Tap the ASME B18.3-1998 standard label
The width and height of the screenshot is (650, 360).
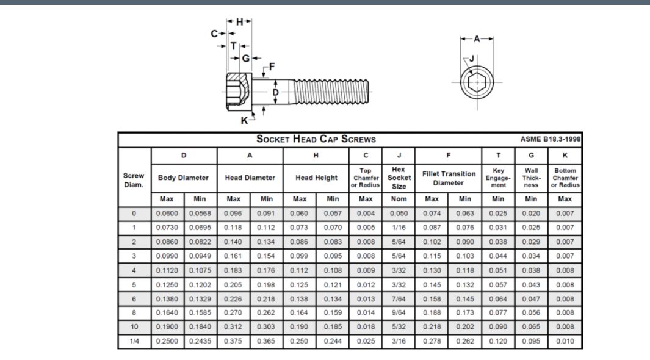pyautogui.click(x=550, y=139)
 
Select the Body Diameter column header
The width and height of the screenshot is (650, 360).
pyautogui.click(x=184, y=178)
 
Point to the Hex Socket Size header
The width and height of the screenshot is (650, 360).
pyautogui.click(x=399, y=177)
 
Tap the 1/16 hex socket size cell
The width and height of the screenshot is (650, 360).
pyautogui.click(x=399, y=228)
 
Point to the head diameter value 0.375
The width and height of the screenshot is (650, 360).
pyautogui.click(x=234, y=340)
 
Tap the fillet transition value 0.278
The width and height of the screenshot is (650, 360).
pyautogui.click(x=432, y=340)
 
